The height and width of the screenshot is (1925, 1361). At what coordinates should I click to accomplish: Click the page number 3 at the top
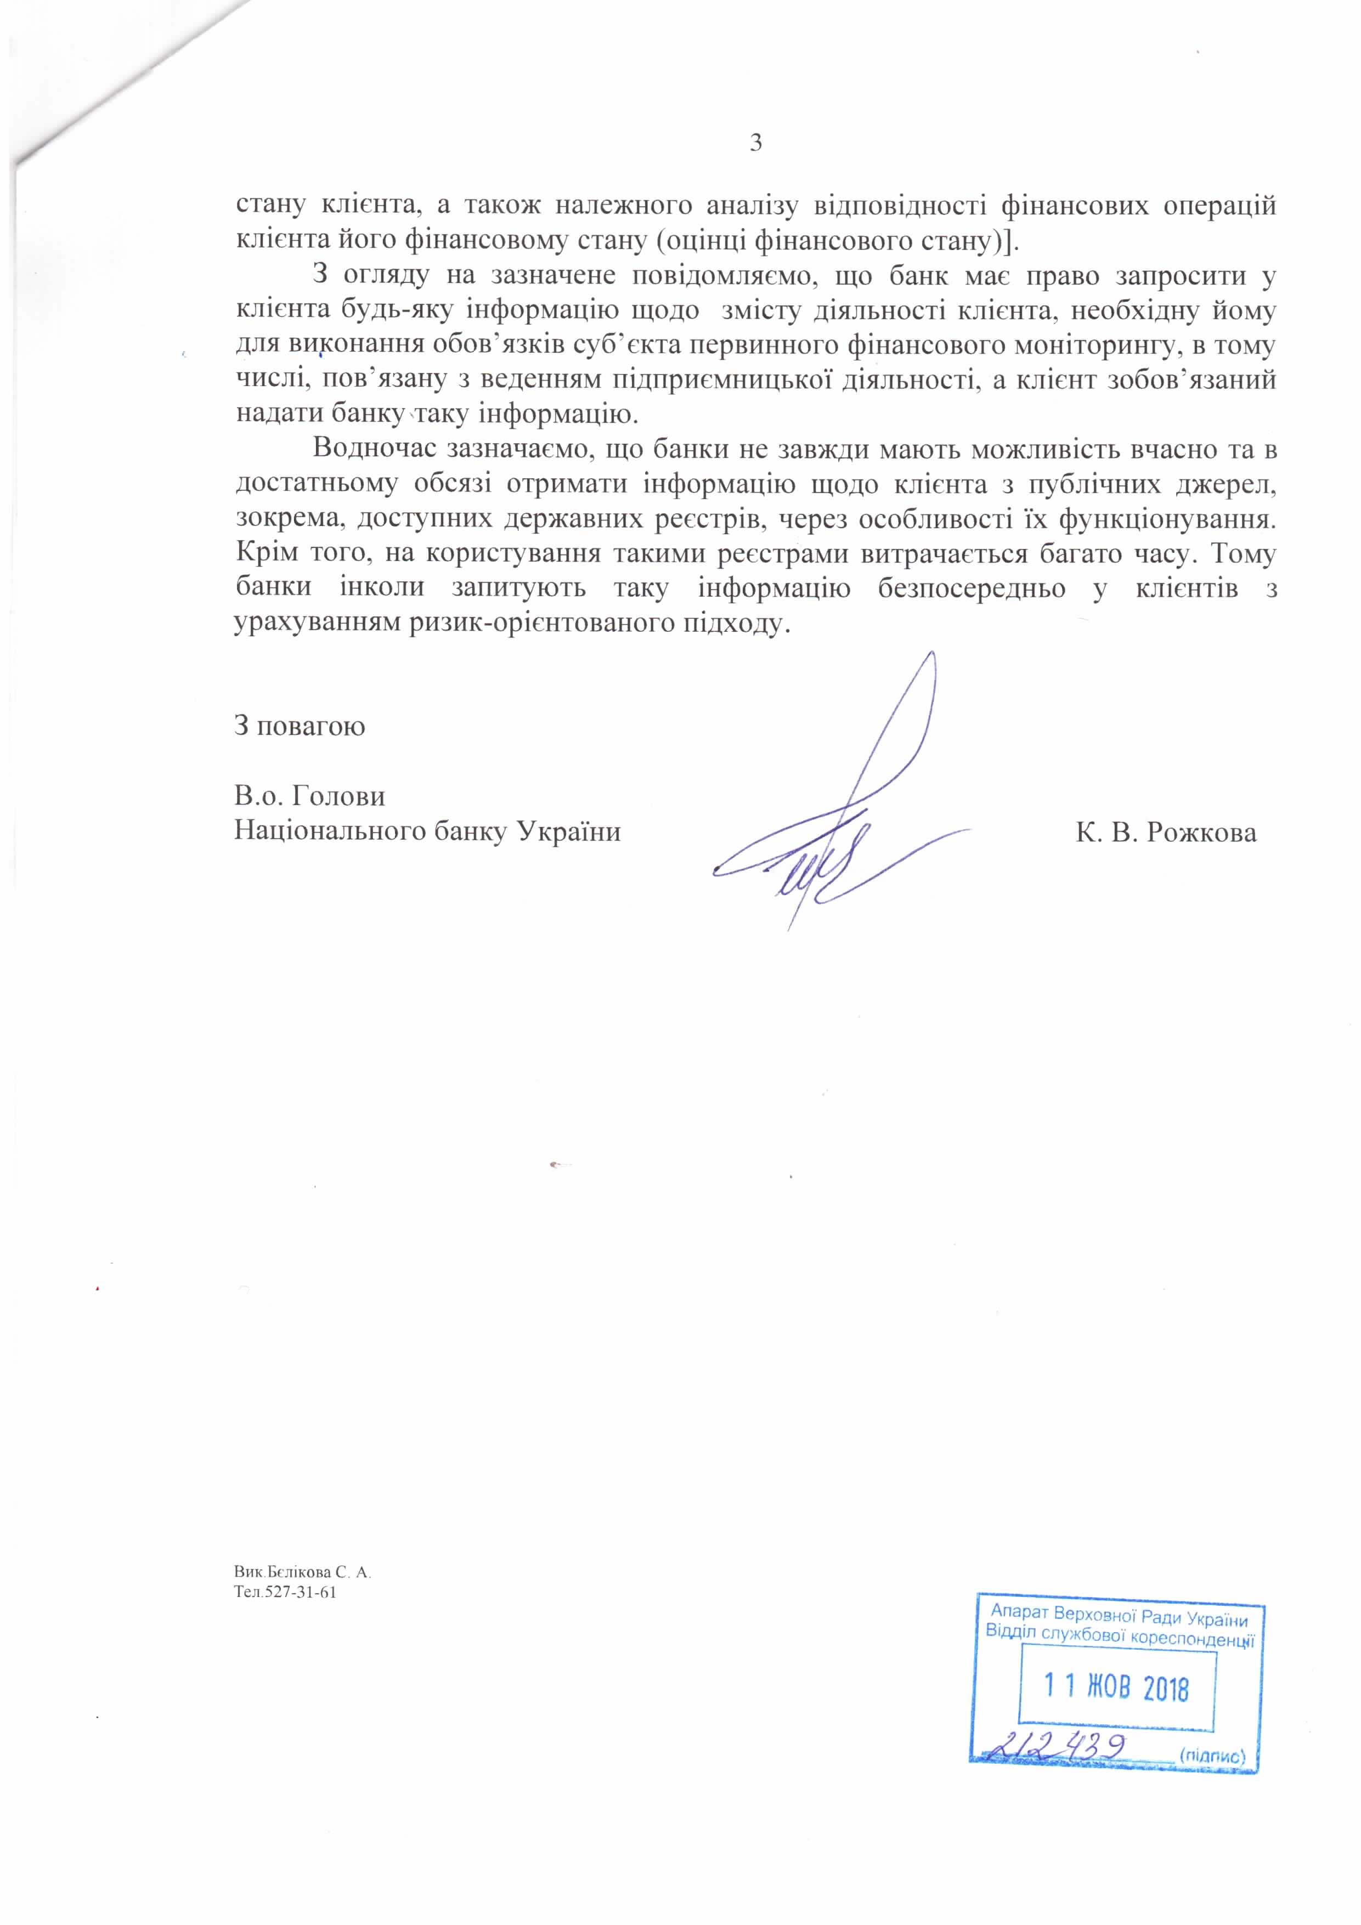point(755,143)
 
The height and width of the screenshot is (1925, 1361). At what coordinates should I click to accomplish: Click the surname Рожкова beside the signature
point(1201,833)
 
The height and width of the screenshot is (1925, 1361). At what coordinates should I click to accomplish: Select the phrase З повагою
point(300,725)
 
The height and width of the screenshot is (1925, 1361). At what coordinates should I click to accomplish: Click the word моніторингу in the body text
point(1094,346)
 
